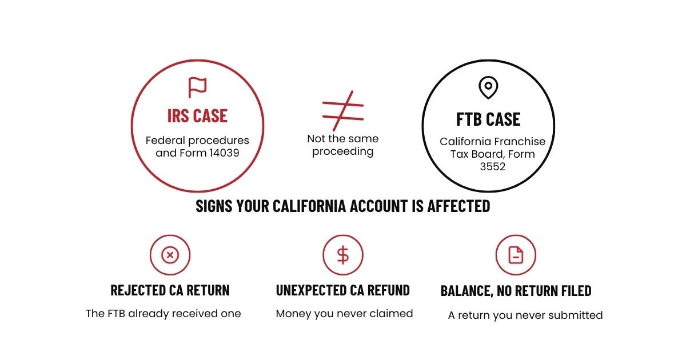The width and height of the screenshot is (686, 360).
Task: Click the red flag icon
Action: pyautogui.click(x=197, y=87)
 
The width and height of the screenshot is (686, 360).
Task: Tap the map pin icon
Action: pyautogui.click(x=488, y=87)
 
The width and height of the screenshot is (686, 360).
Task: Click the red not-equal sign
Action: pyautogui.click(x=343, y=111)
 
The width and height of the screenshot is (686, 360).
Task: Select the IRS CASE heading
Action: pyautogui.click(x=197, y=115)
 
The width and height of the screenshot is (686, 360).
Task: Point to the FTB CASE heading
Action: pyautogui.click(x=488, y=119)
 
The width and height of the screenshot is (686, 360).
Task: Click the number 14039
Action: pyautogui.click(x=224, y=153)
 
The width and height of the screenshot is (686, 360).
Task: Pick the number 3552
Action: pyautogui.click(x=492, y=166)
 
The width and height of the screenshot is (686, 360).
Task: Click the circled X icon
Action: pyautogui.click(x=170, y=255)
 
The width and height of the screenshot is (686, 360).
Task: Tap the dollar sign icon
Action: pyautogui.click(x=343, y=255)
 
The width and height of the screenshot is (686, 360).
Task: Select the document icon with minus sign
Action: pyautogui.click(x=516, y=255)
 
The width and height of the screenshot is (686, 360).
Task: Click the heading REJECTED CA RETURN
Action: pyautogui.click(x=170, y=290)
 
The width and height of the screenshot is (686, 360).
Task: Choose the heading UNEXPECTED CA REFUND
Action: pyautogui.click(x=342, y=290)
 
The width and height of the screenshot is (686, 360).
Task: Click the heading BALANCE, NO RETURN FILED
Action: pyautogui.click(x=516, y=291)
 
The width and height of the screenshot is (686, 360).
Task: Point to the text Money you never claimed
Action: pyautogui.click(x=344, y=314)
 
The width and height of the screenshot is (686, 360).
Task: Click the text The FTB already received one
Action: pyautogui.click(x=163, y=314)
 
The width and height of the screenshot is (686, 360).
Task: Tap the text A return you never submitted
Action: pyautogui.click(x=525, y=315)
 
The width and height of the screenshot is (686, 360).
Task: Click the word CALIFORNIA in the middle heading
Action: pyautogui.click(x=309, y=206)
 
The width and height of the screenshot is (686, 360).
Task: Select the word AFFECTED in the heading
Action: pyautogui.click(x=458, y=206)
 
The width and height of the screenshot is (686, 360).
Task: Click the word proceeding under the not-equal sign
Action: pyautogui.click(x=342, y=152)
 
